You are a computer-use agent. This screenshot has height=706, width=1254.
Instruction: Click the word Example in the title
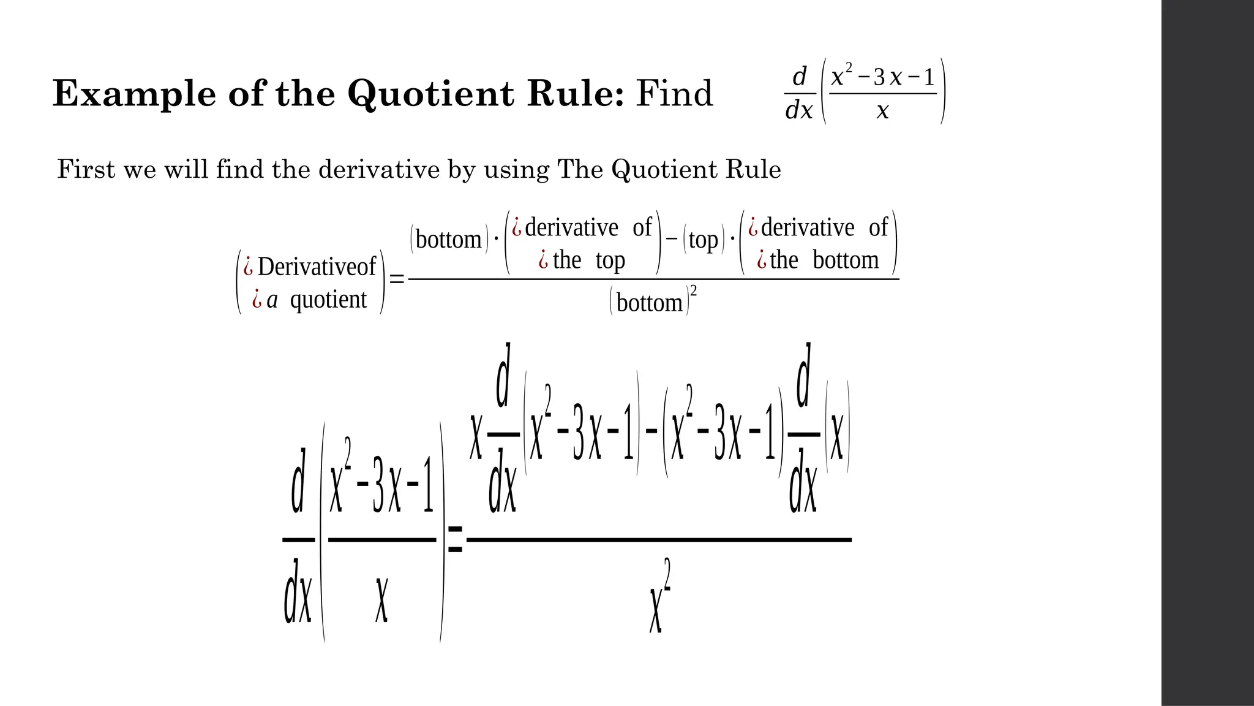point(134,94)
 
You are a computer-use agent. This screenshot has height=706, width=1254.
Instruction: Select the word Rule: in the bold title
point(576,94)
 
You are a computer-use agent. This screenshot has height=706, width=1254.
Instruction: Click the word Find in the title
point(674,94)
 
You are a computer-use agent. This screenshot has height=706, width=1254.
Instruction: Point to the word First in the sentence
point(86,169)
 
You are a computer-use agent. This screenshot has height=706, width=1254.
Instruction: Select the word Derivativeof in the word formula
point(317,267)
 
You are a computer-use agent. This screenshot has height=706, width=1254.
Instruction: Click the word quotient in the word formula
point(328,300)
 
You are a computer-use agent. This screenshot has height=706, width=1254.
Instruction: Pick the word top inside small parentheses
point(703,240)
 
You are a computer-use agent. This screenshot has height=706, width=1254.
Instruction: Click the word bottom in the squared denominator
point(649,303)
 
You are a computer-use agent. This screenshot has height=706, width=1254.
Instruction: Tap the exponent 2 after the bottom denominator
point(693,290)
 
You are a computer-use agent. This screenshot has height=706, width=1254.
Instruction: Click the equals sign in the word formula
point(397,280)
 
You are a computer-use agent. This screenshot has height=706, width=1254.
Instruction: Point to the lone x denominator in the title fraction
point(882,112)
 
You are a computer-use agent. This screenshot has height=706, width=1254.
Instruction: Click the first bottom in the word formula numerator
point(448,240)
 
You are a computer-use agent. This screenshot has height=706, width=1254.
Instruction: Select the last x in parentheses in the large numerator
point(836,436)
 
